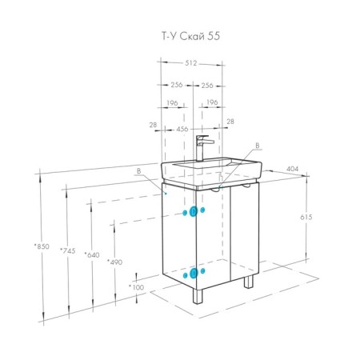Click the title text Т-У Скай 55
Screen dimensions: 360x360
point(191,36)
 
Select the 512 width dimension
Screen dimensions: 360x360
point(191,63)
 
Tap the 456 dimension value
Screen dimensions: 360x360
point(182,129)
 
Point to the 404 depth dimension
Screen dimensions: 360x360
point(293,169)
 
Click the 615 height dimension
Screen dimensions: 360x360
point(306,217)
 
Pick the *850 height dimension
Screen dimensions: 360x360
point(42,246)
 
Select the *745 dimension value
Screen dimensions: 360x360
point(68,250)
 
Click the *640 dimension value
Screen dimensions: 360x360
point(92,255)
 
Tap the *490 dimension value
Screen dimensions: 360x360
point(114,262)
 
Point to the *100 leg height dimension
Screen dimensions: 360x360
point(136,287)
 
